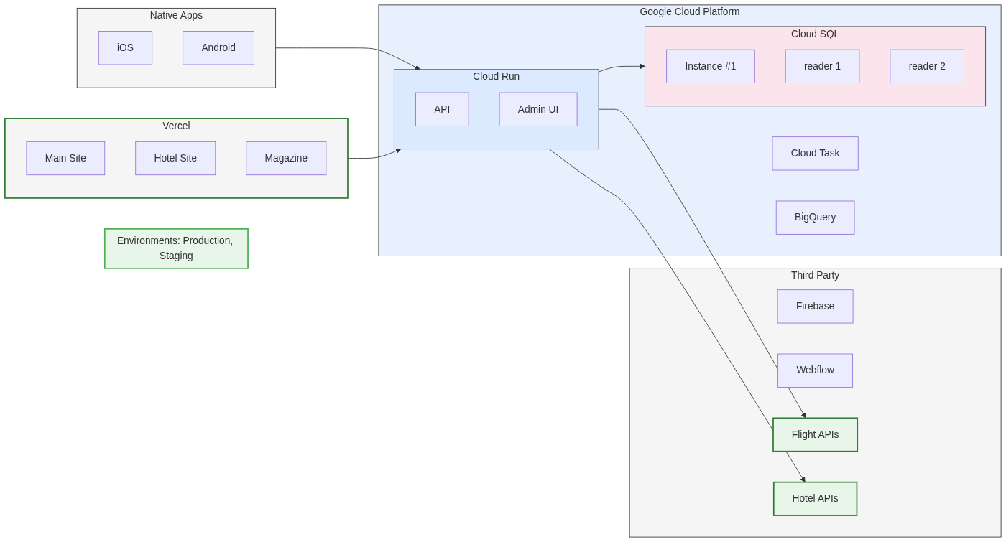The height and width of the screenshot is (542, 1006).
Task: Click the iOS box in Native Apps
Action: point(125,48)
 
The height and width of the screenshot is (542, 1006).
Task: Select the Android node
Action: point(218,48)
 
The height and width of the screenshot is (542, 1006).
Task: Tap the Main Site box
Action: point(65,158)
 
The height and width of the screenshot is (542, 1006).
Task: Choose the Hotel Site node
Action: point(175,158)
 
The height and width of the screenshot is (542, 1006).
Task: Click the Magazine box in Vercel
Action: point(286,158)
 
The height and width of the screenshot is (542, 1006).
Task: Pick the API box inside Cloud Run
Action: point(442,109)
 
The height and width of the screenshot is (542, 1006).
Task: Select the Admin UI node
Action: point(538,109)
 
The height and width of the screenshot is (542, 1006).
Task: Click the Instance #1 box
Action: point(710,66)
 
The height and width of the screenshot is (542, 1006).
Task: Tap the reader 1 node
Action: point(822,66)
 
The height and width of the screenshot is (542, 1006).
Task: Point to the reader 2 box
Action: point(927,66)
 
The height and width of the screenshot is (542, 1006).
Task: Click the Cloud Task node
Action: point(815,154)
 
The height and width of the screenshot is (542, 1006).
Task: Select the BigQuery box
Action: point(815,218)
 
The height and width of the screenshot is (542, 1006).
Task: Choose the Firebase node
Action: point(815,307)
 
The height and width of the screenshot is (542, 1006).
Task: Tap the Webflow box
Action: point(815,370)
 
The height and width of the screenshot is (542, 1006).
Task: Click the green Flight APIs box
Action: point(815,434)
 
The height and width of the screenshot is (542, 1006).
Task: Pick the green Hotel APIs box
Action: point(815,498)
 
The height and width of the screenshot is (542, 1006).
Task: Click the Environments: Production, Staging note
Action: point(176,248)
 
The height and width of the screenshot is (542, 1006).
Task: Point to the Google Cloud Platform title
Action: point(689,12)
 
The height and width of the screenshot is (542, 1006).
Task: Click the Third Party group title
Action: point(815,276)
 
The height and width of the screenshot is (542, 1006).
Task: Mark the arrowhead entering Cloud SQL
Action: point(642,66)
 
